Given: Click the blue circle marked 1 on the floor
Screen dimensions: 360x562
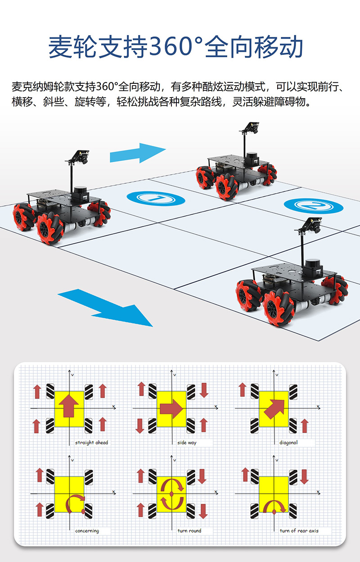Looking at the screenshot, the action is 156,199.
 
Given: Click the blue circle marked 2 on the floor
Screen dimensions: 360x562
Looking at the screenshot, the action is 314,206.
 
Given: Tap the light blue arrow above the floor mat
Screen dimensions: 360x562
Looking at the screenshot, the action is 138,153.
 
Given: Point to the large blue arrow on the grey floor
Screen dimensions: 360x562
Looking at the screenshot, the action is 105,308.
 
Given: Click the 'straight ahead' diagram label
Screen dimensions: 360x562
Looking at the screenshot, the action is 91,443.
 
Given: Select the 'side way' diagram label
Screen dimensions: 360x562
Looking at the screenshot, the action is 187,443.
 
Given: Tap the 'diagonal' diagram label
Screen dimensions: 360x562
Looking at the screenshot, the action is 288,443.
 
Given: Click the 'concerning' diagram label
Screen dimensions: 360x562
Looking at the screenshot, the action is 87,531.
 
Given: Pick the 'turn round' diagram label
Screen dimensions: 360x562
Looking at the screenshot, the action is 189,530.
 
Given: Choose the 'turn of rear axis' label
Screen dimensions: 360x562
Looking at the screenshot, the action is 299,530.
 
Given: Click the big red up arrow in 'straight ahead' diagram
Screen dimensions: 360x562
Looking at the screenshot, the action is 69,406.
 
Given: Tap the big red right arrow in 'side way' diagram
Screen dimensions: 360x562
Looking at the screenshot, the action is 171,409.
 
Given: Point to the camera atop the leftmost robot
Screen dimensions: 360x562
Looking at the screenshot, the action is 81,156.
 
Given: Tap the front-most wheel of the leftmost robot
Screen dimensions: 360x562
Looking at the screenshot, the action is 50,228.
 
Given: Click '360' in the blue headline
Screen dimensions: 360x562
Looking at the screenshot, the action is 171,47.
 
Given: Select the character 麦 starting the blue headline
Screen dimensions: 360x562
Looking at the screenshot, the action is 60,47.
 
